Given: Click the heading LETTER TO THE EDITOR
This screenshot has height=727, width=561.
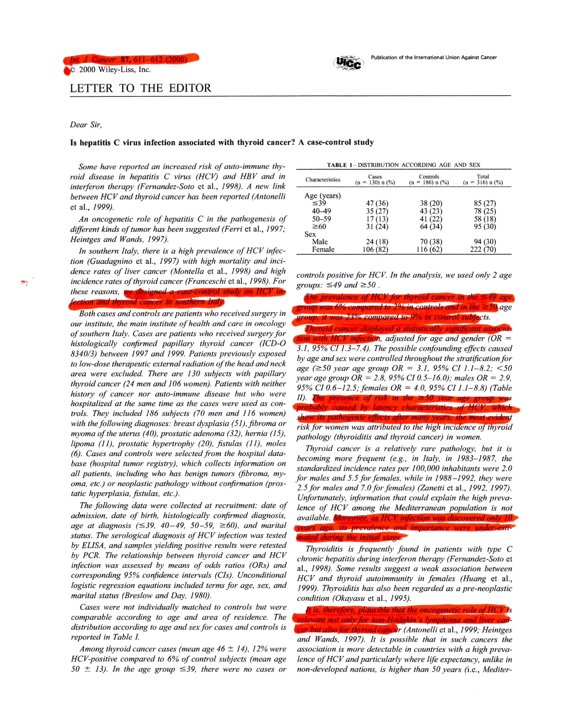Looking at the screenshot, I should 140,88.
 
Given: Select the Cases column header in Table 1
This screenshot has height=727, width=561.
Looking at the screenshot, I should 375,179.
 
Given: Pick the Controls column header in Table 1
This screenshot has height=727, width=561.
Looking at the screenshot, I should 429,179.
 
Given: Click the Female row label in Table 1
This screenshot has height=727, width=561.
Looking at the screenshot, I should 323,249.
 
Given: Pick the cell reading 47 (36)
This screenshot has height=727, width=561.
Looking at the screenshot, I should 377,203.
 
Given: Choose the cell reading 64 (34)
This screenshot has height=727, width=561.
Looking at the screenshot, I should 431,227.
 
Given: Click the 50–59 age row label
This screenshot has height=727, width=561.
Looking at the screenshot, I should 321,219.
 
